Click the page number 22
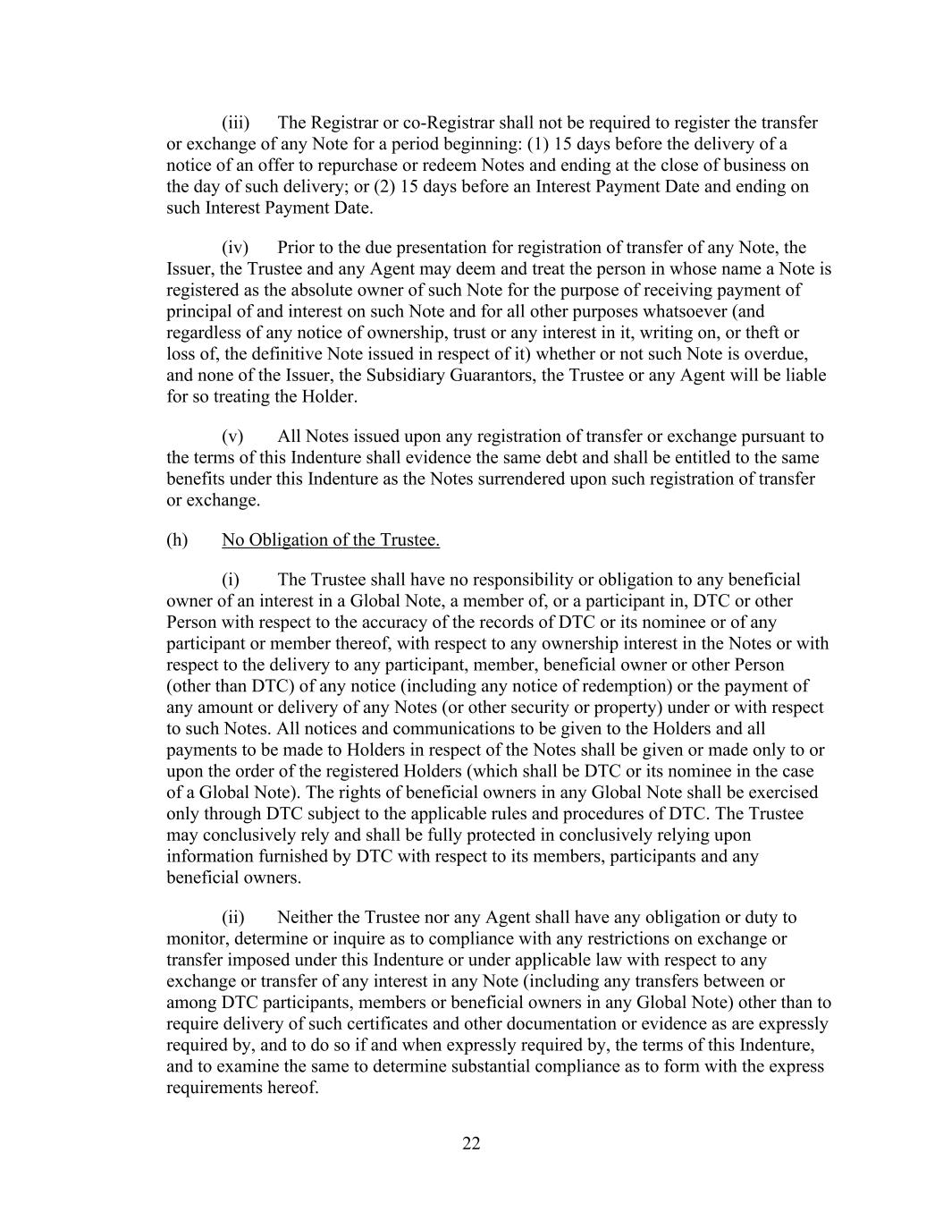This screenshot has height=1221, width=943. click(x=471, y=1143)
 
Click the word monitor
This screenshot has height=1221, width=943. click(x=196, y=938)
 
